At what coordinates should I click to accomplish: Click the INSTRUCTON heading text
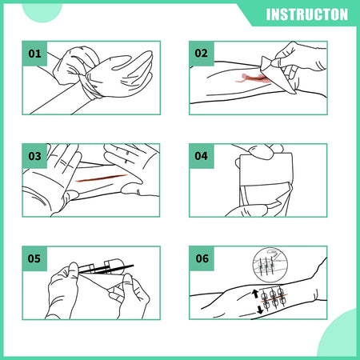(x=307, y=14)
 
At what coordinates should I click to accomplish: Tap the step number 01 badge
(x=34, y=54)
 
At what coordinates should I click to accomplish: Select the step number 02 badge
(x=202, y=54)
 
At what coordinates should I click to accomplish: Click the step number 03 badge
(x=34, y=156)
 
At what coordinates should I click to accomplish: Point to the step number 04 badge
(x=202, y=156)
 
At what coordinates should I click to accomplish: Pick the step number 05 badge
(x=34, y=258)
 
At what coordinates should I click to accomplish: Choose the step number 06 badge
(x=202, y=258)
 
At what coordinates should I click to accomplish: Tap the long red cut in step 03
(x=101, y=178)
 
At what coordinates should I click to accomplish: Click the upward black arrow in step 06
(x=255, y=294)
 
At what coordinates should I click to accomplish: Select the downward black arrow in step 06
(x=260, y=310)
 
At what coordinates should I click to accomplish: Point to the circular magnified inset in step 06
(x=270, y=265)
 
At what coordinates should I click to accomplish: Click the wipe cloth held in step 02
(x=278, y=74)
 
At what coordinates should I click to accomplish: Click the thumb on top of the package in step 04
(x=261, y=152)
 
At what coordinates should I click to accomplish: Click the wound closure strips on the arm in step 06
(x=274, y=299)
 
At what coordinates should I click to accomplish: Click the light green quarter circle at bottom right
(x=338, y=334)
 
